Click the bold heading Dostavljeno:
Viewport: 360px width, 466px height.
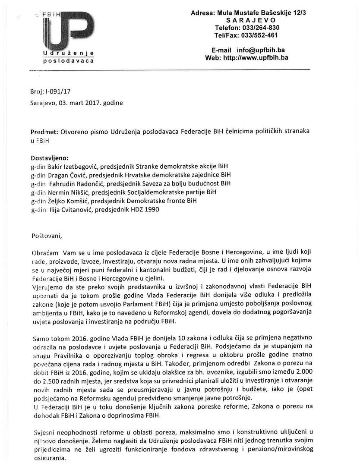(x=50, y=158)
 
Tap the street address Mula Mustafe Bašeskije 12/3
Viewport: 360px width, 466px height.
(x=264, y=13)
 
